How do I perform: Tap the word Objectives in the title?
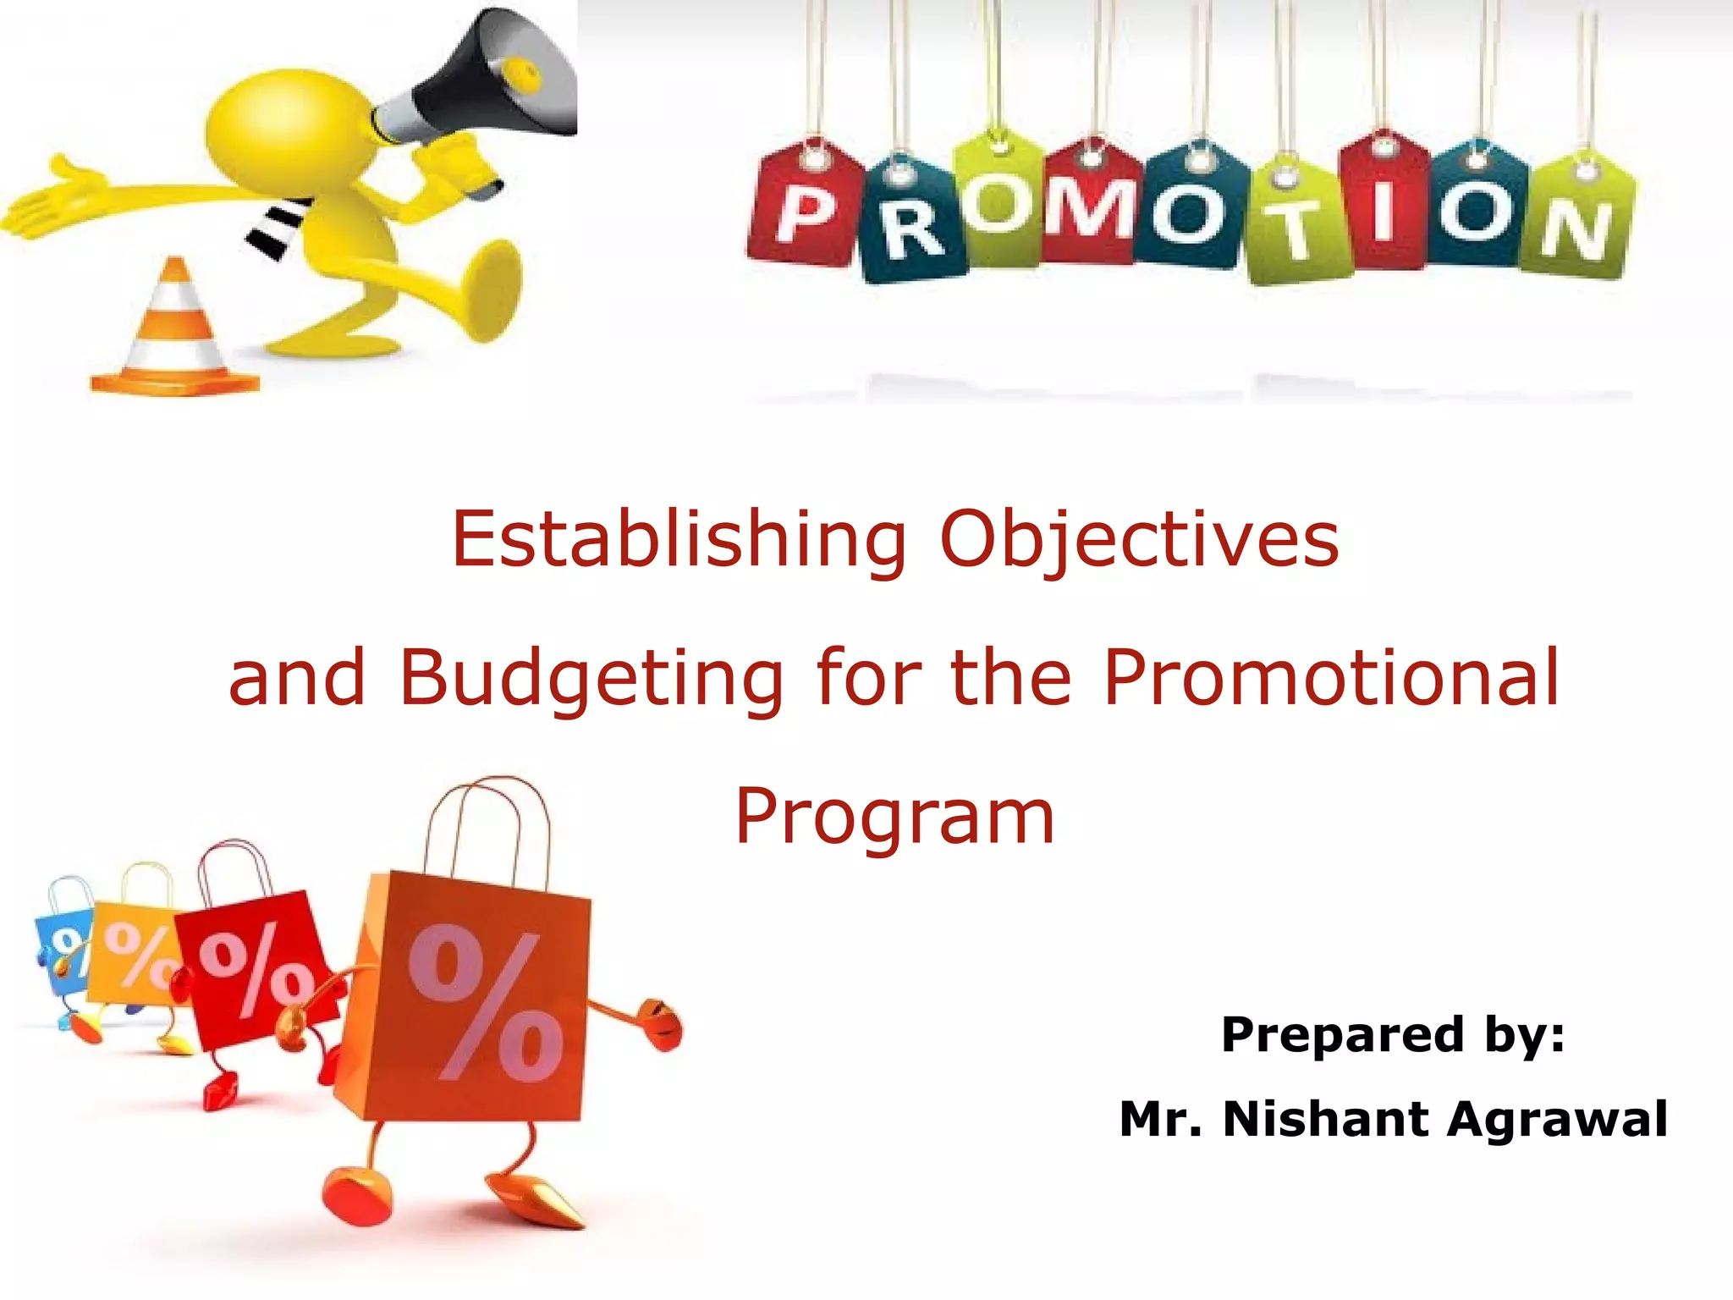point(1140,541)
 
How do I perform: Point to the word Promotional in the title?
point(1331,677)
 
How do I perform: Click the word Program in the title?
point(894,818)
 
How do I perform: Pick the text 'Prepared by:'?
point(1393,1035)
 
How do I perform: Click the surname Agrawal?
point(1557,1121)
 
